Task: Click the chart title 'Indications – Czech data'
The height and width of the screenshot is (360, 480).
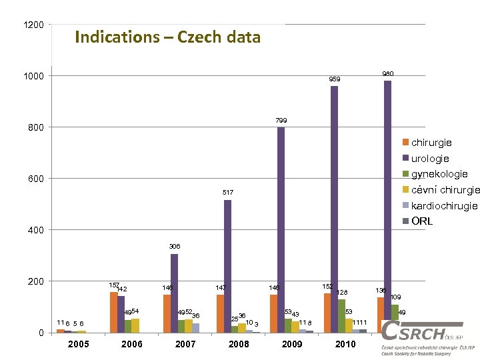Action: click(167, 37)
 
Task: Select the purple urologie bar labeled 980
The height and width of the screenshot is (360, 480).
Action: click(387, 207)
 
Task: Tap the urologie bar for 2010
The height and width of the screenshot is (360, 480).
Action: click(334, 209)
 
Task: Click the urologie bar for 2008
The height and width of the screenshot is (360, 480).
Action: click(227, 267)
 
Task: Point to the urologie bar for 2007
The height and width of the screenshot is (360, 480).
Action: click(174, 293)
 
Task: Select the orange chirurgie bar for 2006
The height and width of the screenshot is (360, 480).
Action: click(113, 312)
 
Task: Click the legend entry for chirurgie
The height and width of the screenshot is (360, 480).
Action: click(431, 143)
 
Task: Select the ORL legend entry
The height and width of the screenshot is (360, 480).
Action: click(421, 221)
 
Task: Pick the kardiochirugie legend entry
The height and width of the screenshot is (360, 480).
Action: click(443, 205)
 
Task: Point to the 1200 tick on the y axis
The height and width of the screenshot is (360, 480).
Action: click(33, 25)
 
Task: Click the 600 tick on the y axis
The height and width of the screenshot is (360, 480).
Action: click(36, 179)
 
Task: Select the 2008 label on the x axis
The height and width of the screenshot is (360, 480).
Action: click(239, 345)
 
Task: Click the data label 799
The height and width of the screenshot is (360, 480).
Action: click(281, 121)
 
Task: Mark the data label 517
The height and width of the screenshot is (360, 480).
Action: click(227, 193)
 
